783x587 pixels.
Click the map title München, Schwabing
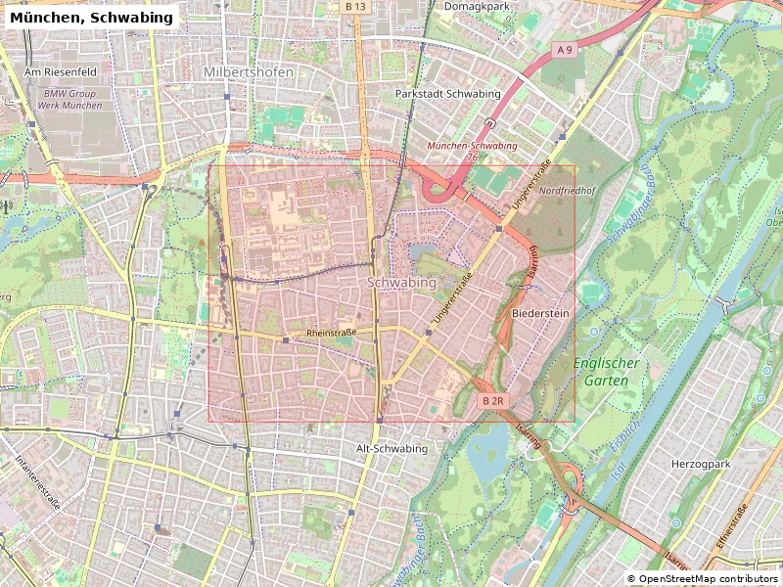[91, 18]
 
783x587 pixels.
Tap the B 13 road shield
[355, 7]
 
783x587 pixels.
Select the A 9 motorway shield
[564, 49]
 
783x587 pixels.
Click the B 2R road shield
[492, 401]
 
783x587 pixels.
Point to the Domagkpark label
[477, 7]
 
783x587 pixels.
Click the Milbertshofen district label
[249, 72]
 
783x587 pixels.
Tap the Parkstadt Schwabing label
[447, 94]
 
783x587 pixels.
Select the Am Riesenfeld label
[60, 72]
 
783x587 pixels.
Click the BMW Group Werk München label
[71, 100]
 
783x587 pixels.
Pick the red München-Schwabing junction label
[473, 146]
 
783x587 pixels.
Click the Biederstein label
[539, 313]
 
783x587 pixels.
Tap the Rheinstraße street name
[332, 333]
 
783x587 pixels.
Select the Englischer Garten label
[606, 371]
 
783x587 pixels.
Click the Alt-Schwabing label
[391, 448]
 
